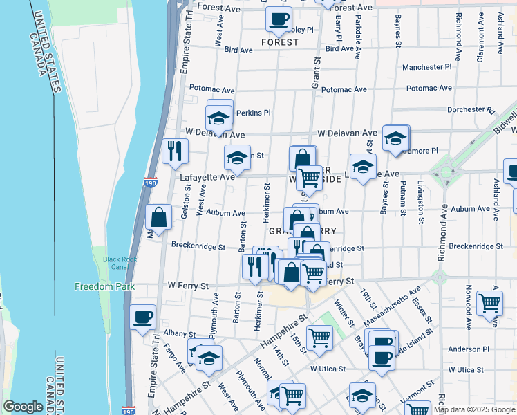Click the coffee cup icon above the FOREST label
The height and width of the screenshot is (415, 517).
click(x=279, y=19)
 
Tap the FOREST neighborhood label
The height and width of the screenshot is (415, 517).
click(x=280, y=42)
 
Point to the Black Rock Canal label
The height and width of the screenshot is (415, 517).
click(x=120, y=264)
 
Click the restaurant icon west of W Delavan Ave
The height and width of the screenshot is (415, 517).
click(x=175, y=150)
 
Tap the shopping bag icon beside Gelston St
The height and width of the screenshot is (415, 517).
click(x=159, y=217)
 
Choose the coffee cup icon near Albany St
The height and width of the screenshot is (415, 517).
click(x=143, y=317)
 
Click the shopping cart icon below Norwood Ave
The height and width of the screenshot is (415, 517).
click(x=490, y=302)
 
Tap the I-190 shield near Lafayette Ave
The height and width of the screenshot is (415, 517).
click(x=151, y=183)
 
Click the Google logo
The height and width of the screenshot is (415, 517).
click(x=23, y=407)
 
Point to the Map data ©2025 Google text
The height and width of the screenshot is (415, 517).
click(x=473, y=409)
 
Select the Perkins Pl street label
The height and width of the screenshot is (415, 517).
click(x=253, y=113)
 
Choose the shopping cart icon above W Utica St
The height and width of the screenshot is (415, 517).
click(x=320, y=338)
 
